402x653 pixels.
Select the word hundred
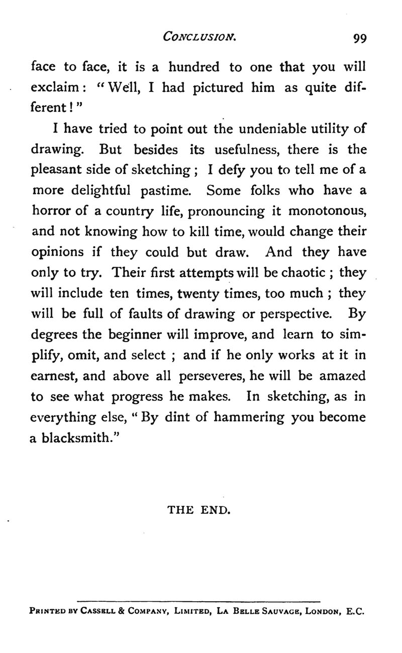click(x=194, y=67)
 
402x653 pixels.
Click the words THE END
click(x=198, y=510)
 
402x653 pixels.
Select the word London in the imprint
click(x=319, y=613)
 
